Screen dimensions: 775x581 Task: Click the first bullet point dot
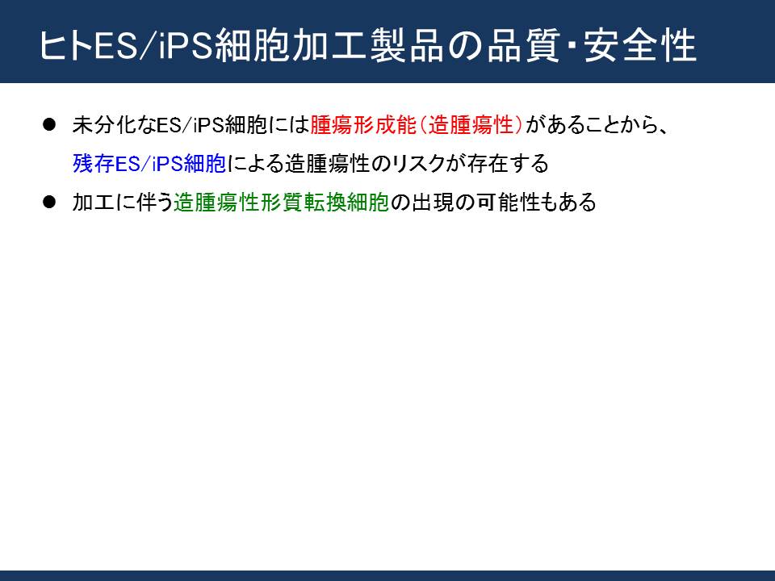click(49, 124)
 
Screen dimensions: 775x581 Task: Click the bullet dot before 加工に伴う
click(49, 202)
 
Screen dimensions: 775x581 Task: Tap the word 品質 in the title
click(522, 45)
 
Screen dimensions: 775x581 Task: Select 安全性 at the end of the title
click(640, 45)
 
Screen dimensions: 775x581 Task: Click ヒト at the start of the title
click(65, 45)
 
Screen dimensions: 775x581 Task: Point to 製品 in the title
click(406, 45)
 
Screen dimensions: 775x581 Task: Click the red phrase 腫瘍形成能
click(363, 125)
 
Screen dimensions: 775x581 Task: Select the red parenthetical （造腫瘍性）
click(471, 125)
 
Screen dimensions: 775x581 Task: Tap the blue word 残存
click(94, 164)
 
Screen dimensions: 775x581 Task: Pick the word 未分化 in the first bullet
click(104, 125)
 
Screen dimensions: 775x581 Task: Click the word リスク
click(419, 164)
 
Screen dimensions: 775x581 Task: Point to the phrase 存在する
click(508, 164)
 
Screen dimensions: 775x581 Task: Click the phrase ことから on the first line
click(619, 125)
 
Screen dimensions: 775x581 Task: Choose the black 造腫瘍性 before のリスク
click(327, 164)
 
